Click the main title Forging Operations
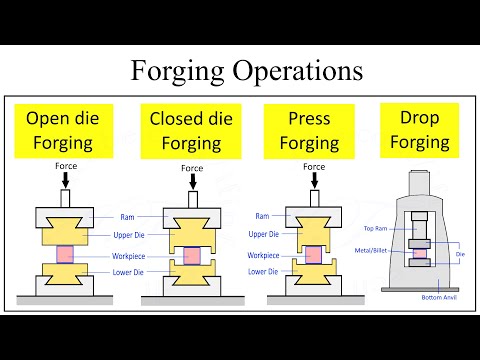click(240, 71)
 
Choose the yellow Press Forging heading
click(308, 130)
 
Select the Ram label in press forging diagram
click(262, 216)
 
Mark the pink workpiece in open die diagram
click(64, 253)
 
